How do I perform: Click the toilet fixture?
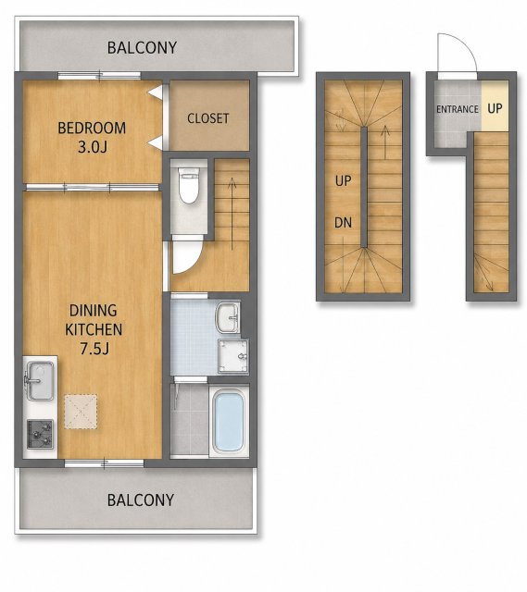click(x=189, y=185)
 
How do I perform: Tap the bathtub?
click(x=228, y=421)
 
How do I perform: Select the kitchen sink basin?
click(x=39, y=380)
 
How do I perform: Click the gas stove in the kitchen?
click(x=40, y=434)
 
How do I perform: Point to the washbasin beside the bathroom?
click(x=227, y=318)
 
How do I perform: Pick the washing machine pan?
click(x=232, y=356)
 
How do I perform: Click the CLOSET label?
click(x=207, y=118)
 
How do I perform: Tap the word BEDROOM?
click(x=92, y=129)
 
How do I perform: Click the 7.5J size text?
click(x=94, y=349)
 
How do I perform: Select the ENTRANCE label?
click(x=458, y=109)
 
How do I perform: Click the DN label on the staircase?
click(x=343, y=223)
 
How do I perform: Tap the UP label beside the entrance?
click(x=495, y=109)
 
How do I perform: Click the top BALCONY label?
click(x=142, y=48)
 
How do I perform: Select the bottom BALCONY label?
click(x=141, y=500)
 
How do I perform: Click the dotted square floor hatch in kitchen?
click(x=81, y=412)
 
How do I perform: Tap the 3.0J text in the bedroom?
click(x=93, y=147)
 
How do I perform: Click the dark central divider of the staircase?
click(x=364, y=187)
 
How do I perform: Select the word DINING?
click(x=93, y=311)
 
